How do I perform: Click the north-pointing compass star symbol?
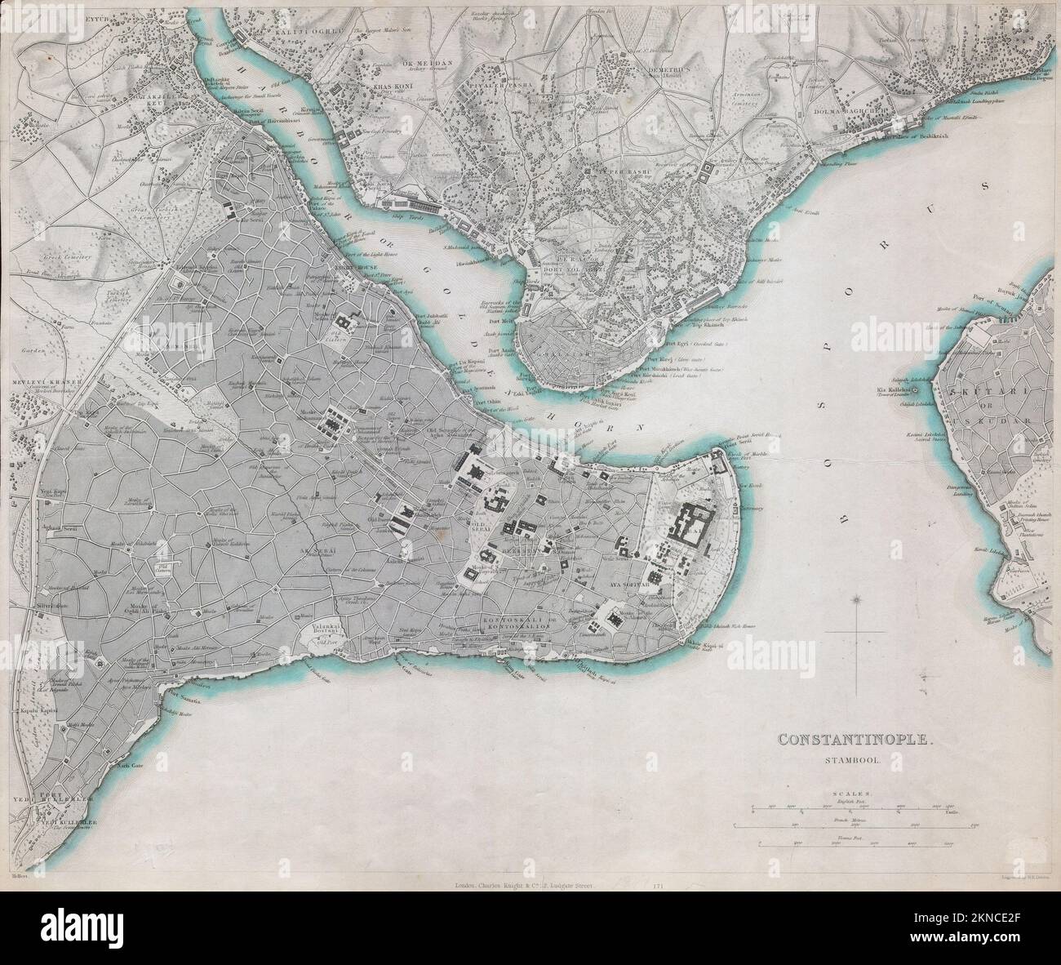(x=856, y=601)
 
